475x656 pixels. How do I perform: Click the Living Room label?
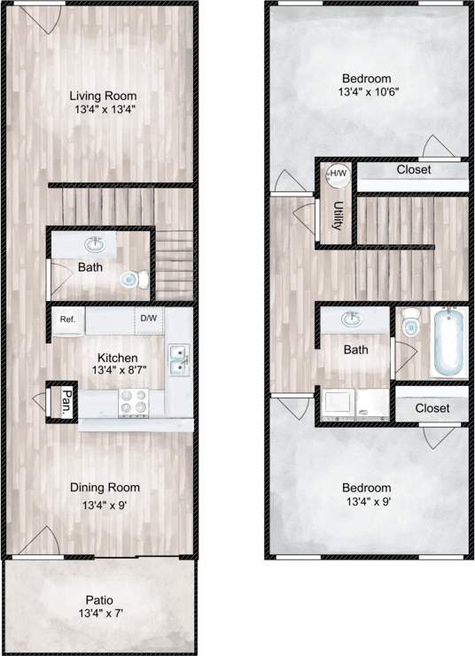pos(103,95)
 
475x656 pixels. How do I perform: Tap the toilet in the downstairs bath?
pos(130,280)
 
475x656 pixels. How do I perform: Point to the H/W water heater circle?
pos(338,174)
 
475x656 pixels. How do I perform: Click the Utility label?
pos(339,215)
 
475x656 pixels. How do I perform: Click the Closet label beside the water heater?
pos(414,169)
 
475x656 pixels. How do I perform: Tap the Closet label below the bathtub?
pos(432,408)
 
